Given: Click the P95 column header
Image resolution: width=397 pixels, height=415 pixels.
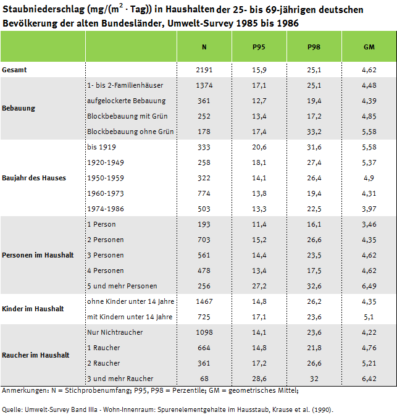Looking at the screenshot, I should [x=259, y=47].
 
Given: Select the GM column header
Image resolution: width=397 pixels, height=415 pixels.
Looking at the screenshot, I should [x=369, y=47].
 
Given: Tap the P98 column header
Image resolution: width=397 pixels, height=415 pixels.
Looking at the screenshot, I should [x=314, y=47].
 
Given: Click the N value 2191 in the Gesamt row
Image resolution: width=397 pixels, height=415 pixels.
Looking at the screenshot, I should [x=204, y=70].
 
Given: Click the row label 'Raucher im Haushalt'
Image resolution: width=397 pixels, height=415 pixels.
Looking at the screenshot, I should [x=36, y=355].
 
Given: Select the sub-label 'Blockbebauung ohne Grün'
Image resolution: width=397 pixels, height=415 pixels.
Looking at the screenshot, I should [x=130, y=132].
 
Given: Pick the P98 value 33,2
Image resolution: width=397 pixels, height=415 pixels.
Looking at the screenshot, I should [x=314, y=132].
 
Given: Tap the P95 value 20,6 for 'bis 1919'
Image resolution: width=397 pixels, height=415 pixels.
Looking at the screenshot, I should [x=259, y=147].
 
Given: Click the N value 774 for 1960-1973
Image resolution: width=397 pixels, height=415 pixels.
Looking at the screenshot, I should [x=204, y=193].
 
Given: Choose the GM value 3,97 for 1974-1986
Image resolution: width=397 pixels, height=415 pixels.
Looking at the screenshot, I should [x=368, y=209].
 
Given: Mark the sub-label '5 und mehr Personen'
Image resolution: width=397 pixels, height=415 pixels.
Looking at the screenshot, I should [x=122, y=286].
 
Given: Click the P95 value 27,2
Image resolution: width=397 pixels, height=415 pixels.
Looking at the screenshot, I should [x=259, y=286].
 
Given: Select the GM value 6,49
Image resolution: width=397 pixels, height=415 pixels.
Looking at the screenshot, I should [x=368, y=286].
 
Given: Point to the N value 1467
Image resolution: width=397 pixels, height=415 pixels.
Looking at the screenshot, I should [x=204, y=301].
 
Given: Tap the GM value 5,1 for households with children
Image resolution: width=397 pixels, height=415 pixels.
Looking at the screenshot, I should [x=368, y=317].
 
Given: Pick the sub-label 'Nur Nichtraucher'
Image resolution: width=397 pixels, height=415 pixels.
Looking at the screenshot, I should [x=115, y=332].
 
